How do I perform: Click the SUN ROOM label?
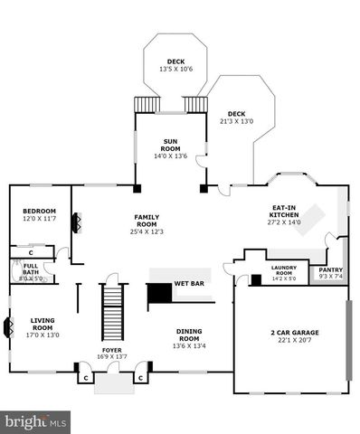tap(171, 146)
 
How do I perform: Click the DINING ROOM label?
tap(190, 335)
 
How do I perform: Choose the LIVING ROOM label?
tap(43, 325)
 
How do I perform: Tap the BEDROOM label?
tap(39, 212)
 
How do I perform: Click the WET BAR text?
tap(189, 284)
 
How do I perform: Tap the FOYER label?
tap(111, 351)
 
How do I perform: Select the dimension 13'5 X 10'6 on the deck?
tap(175, 70)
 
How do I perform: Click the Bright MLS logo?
tap(37, 420)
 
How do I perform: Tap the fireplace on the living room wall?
tap(8, 326)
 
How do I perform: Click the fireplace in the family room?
tap(77, 223)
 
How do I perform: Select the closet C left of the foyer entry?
tap(85, 377)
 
